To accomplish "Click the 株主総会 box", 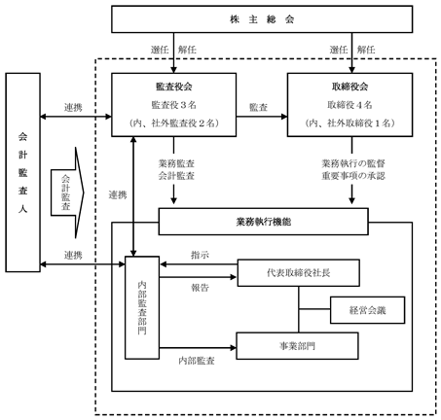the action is tap(262, 19).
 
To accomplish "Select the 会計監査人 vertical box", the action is tap(22, 172).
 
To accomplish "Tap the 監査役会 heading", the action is tap(174, 87).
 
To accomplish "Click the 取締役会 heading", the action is tap(349, 87).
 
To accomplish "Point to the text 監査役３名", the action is tap(174, 105).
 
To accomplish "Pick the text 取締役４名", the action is tap(349, 105).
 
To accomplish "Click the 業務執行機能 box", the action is tap(263, 222).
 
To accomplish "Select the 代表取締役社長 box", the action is tap(299, 273).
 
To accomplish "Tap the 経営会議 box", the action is tap(368, 310).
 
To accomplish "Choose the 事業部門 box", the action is tap(297, 346).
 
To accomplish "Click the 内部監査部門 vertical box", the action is tap(142, 307).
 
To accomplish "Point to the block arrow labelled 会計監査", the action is tap(67, 192).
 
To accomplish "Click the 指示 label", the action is tap(200, 255).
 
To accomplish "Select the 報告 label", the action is tap(200, 288).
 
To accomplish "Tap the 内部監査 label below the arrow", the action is tap(197, 361).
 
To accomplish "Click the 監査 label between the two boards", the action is tap(258, 107).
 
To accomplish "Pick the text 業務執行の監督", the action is tap(353, 163).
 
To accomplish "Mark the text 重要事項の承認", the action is tap(353, 176).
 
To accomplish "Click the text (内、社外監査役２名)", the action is tap(174, 123).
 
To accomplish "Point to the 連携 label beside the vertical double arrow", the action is tap(118, 194).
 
